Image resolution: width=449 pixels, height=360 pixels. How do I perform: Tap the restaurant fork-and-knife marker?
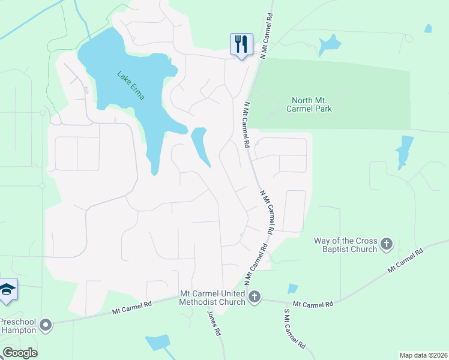coord(241,44)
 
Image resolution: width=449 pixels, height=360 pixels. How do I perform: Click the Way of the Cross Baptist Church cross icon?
coord(387,244)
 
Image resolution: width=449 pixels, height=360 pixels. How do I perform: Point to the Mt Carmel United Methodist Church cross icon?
coord(255,297)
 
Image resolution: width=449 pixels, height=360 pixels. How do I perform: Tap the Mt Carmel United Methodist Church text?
coord(212,298)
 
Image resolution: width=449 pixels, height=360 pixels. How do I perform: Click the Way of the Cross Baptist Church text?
coord(346,245)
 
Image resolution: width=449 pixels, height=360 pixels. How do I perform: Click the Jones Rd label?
coord(214,323)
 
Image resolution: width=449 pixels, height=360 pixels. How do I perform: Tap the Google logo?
coord(20,352)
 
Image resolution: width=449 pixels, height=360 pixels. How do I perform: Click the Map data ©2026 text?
coord(423,355)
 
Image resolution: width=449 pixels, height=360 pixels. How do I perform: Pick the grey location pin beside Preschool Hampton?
coord(46,326)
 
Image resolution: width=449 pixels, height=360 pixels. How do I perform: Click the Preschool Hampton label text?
coord(18,325)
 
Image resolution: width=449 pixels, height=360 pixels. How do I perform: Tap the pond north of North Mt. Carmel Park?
coord(330,43)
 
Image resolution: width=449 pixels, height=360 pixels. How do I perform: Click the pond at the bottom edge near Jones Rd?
coord(158,343)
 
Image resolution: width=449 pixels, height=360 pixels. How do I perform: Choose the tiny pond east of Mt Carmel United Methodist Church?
coord(293,289)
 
